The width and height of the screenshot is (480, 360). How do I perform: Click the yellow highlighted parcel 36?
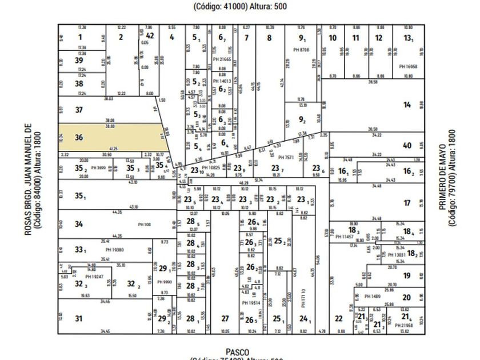(x=109, y=138)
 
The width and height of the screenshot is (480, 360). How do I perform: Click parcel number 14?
(x=407, y=105)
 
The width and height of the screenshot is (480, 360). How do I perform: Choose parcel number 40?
(x=407, y=145)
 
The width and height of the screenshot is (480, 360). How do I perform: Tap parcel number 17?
(x=407, y=203)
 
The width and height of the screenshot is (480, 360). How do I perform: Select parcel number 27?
(x=225, y=319)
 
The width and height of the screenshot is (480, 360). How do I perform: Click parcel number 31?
(x=79, y=319)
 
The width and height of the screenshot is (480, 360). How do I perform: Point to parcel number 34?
(x=79, y=224)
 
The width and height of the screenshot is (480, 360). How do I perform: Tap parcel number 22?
(x=339, y=319)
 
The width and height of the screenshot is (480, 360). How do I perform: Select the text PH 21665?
(x=222, y=59)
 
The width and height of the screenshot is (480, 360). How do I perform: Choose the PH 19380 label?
(x=115, y=250)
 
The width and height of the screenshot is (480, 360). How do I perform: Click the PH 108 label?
(x=143, y=224)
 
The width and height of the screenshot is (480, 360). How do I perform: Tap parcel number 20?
(x=406, y=297)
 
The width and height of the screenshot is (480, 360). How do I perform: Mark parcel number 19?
(x=406, y=275)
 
